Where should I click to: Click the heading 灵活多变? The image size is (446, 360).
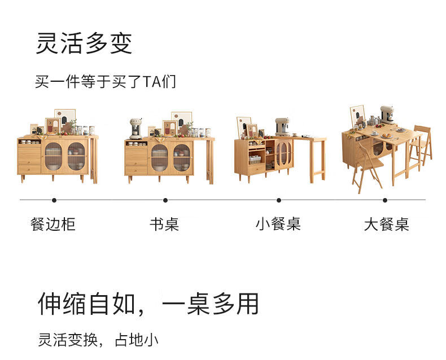84,43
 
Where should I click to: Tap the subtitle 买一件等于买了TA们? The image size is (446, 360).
105,82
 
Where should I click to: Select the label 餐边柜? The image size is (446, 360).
53,224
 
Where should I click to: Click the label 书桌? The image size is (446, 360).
164,224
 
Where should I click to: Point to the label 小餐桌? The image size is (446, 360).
278,224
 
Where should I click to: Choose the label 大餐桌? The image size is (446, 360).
386,225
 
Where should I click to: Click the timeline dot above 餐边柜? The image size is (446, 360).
54,200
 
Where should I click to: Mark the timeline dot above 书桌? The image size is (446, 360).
165,200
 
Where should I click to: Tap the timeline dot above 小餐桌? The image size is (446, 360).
279,200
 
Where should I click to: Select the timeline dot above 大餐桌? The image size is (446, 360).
385,200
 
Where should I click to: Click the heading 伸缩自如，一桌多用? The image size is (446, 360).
148,304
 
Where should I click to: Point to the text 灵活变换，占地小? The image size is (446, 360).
98,340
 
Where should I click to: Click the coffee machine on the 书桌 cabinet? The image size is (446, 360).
135,128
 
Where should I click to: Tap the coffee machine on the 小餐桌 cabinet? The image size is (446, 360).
282,127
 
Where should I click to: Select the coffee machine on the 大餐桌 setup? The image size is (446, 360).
387,114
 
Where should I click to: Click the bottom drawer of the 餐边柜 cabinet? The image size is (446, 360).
29,168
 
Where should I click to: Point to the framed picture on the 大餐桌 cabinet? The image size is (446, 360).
357,116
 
